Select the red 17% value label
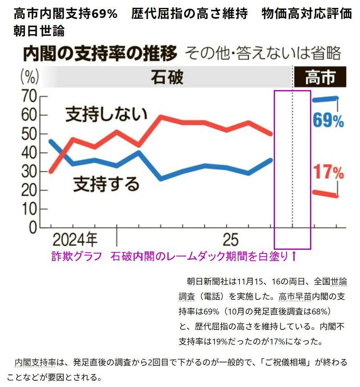click(328, 171)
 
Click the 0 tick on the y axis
click(32, 228)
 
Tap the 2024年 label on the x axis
click(75, 240)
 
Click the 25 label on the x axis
click(230, 240)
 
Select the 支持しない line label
click(107, 114)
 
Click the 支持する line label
click(106, 183)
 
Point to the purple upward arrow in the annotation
click(293, 256)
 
